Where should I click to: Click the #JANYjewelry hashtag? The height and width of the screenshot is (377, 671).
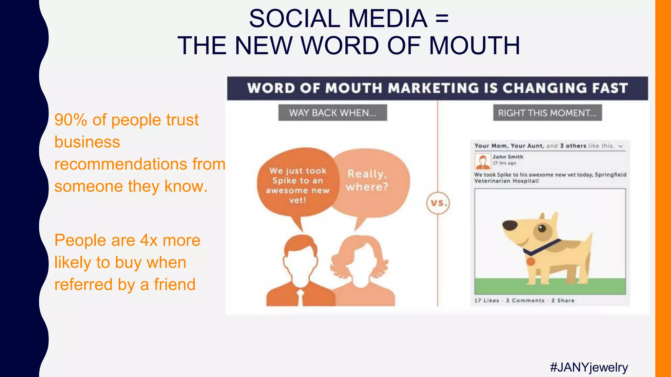(589, 368)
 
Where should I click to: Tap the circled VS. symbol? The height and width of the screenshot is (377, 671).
(438, 203)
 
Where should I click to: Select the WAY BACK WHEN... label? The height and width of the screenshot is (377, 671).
(333, 113)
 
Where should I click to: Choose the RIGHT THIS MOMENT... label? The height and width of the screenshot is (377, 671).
(547, 113)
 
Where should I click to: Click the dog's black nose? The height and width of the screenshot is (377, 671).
(510, 225)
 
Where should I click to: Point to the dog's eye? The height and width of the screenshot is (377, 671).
(542, 228)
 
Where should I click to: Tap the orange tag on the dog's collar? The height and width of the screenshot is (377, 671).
(530, 261)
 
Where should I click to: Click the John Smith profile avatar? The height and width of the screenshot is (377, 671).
(482, 161)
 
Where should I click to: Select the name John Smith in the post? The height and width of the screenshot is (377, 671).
(508, 157)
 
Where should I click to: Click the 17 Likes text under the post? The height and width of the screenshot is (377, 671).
(487, 300)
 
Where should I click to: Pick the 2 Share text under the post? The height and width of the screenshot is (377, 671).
(563, 300)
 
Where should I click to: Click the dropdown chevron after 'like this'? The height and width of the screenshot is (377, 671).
(621, 146)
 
